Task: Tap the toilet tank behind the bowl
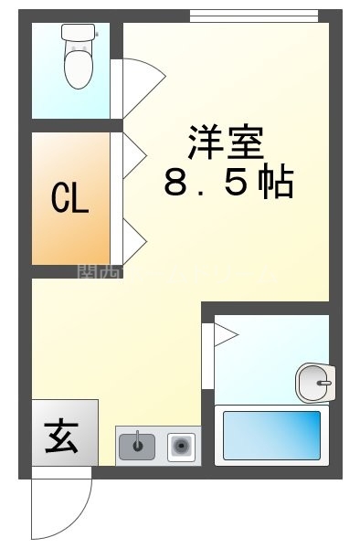pyautogui.click(x=78, y=32)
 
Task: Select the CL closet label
pyautogui.click(x=70, y=199)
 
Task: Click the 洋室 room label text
pyautogui.click(x=226, y=142)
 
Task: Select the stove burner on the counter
pyautogui.click(x=181, y=447)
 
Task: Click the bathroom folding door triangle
pyautogui.click(x=224, y=337)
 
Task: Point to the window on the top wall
pyautogui.click(x=253, y=15)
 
